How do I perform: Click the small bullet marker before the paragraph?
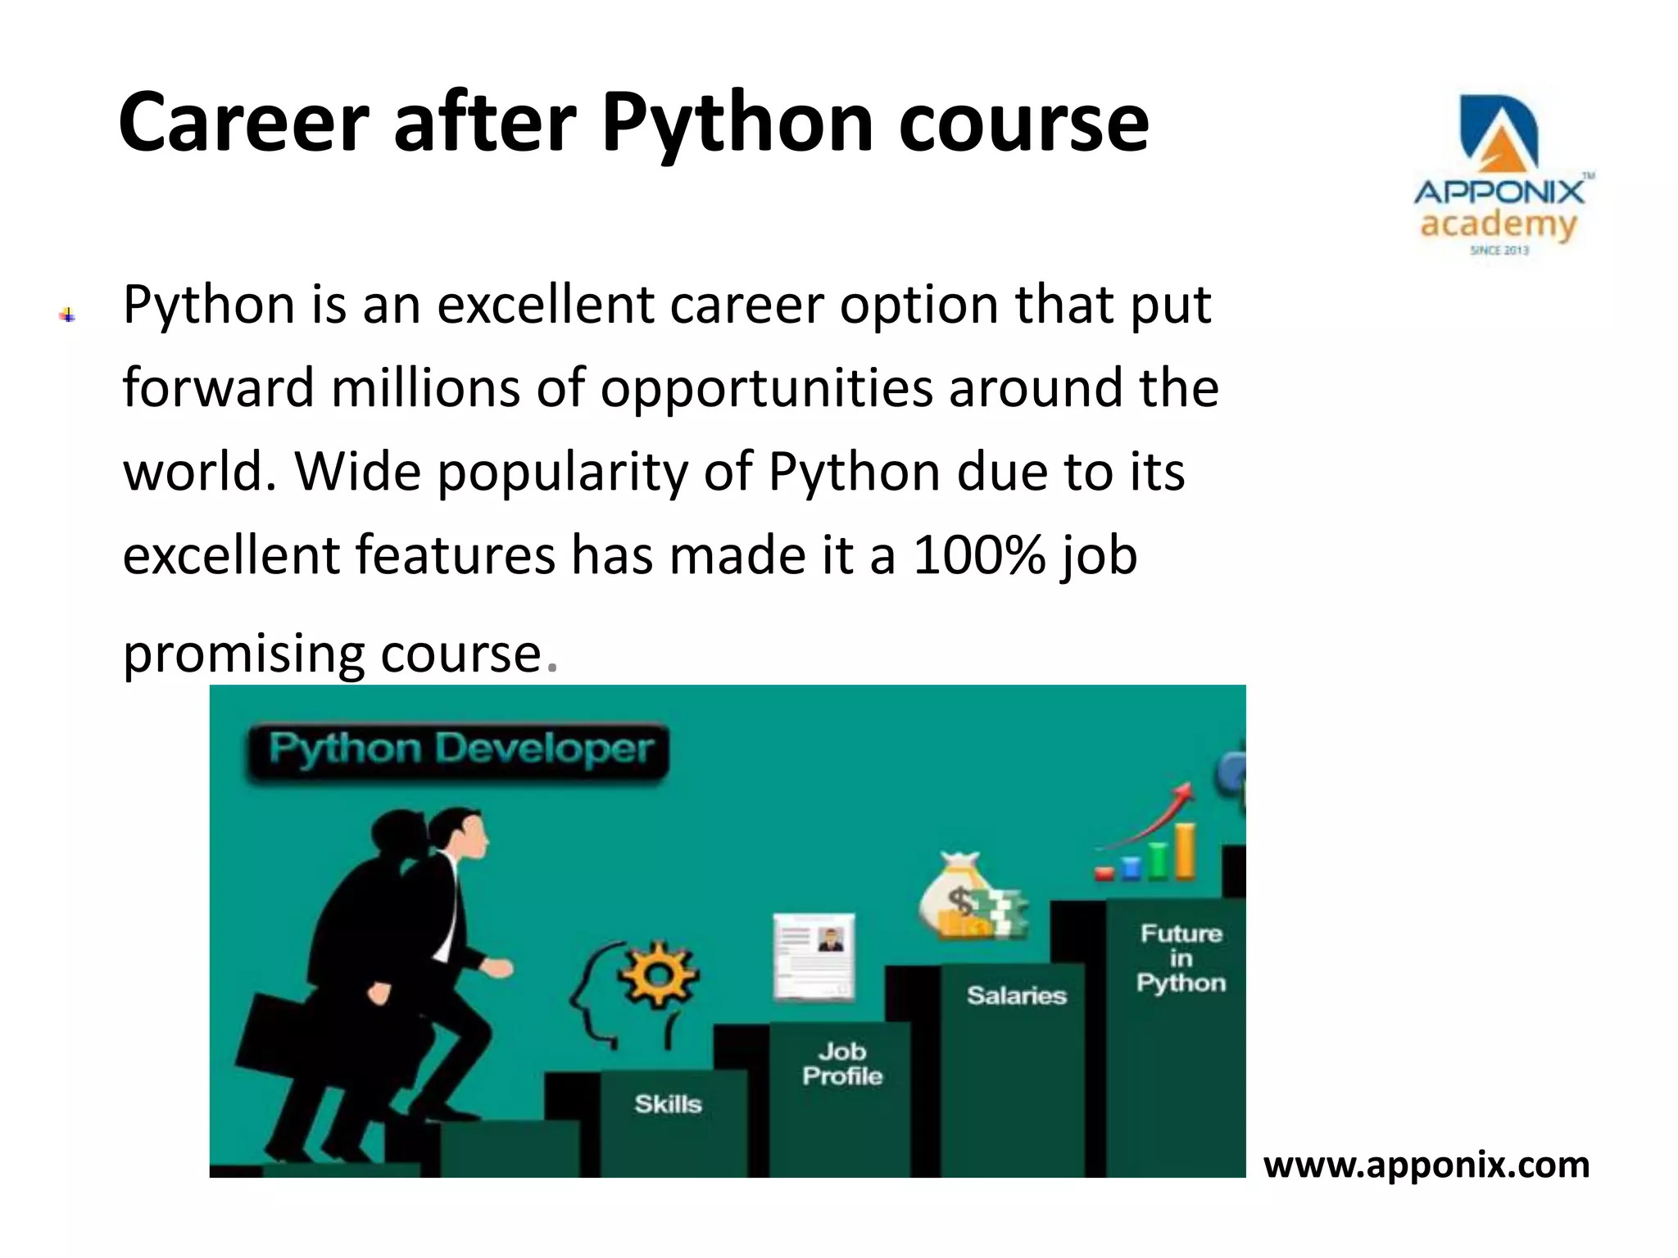[67, 315]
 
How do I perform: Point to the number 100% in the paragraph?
[978, 554]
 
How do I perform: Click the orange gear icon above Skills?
[658, 975]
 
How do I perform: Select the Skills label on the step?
[668, 1104]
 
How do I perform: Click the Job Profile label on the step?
[842, 1064]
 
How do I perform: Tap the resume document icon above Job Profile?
[814, 957]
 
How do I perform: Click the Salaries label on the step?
[1016, 995]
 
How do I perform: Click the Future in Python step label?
[1181, 957]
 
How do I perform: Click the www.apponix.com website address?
[1426, 1165]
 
